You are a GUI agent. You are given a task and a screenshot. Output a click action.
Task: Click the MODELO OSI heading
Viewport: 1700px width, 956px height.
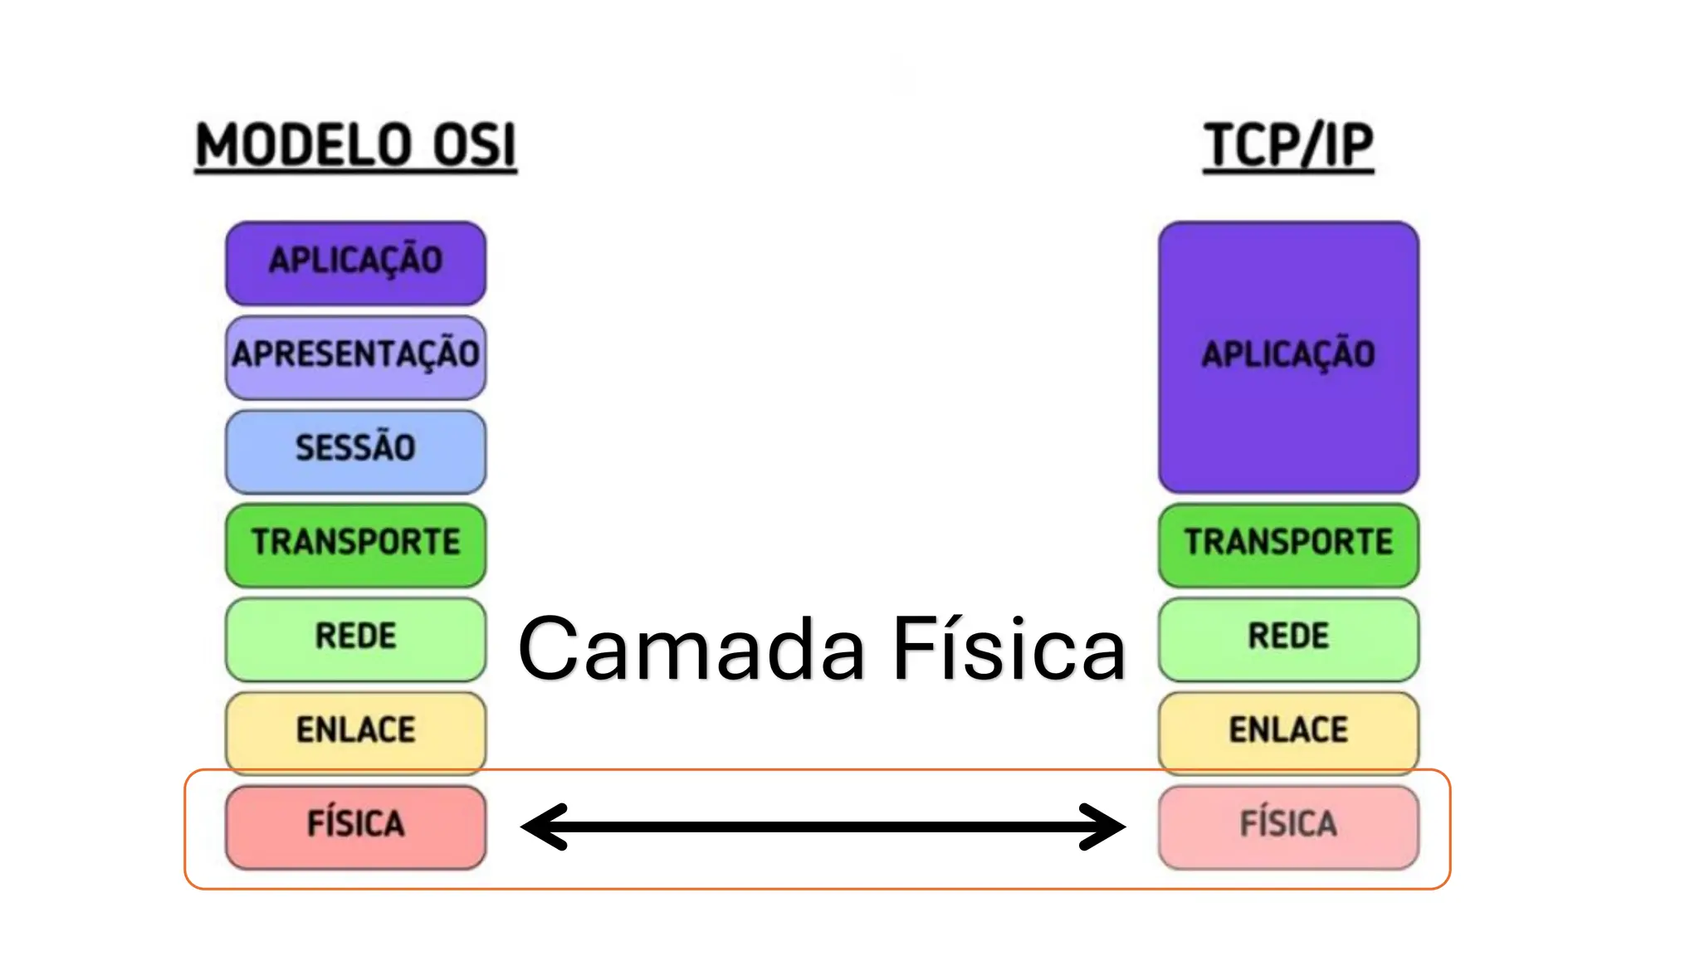click(355, 145)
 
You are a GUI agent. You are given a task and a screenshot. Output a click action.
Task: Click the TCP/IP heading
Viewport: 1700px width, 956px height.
click(1288, 145)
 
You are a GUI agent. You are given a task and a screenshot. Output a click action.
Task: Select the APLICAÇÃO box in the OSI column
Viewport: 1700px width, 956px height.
click(355, 262)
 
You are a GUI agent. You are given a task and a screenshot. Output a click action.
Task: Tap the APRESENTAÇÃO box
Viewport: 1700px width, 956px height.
click(355, 356)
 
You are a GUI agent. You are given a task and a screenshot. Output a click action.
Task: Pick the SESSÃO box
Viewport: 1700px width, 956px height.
click(355, 451)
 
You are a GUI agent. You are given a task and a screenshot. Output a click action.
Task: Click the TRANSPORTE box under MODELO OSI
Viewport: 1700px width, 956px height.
click(355, 544)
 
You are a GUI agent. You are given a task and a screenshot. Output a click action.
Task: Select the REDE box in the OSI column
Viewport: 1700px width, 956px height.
click(355, 638)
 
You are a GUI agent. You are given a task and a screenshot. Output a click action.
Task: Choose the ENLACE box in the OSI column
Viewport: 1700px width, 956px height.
click(355, 732)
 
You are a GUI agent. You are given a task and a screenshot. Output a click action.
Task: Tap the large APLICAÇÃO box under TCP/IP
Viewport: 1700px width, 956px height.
click(1288, 357)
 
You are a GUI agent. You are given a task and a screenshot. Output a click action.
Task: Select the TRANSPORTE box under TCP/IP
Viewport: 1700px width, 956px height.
click(1288, 544)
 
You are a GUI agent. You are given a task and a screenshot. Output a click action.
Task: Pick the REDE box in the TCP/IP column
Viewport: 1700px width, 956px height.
click(1288, 638)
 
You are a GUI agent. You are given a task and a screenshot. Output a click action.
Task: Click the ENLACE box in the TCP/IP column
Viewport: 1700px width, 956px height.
click(1288, 732)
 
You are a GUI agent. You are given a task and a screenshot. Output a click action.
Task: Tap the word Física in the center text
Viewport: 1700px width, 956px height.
click(1009, 650)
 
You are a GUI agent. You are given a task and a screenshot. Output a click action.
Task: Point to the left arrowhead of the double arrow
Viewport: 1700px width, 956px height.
click(544, 827)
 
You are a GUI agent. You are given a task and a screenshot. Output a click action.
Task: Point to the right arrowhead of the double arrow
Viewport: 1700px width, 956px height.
click(1104, 827)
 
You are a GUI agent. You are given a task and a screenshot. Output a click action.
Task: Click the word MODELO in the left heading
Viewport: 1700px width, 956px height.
click(303, 145)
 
